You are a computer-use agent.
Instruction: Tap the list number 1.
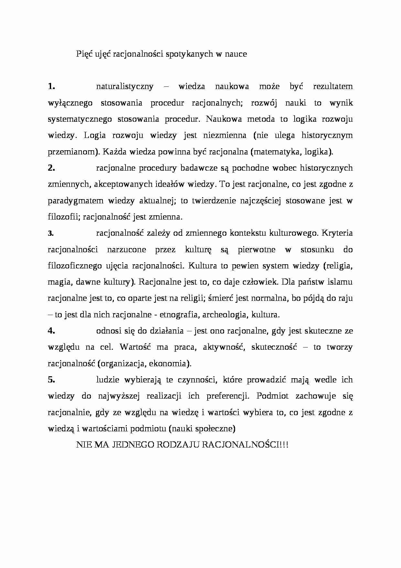point(52,86)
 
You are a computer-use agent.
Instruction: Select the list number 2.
point(52,168)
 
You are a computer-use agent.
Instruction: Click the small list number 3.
point(50,233)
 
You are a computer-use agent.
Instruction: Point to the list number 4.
point(52,331)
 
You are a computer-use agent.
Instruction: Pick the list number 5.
point(52,380)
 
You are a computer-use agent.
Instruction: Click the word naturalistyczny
point(125,87)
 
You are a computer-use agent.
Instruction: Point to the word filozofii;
point(64,217)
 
